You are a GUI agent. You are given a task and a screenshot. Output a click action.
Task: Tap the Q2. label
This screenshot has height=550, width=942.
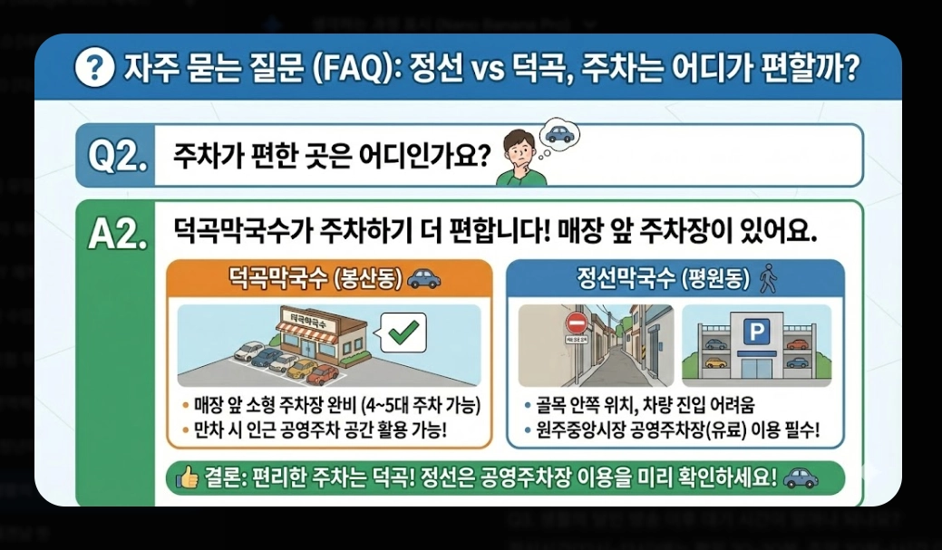point(117,156)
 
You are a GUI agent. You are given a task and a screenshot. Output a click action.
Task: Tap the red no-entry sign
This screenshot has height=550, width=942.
point(577,324)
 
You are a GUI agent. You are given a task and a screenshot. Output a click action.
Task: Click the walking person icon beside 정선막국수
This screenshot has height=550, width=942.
point(770,277)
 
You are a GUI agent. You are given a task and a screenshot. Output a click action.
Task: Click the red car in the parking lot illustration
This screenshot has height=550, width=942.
point(323,374)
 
